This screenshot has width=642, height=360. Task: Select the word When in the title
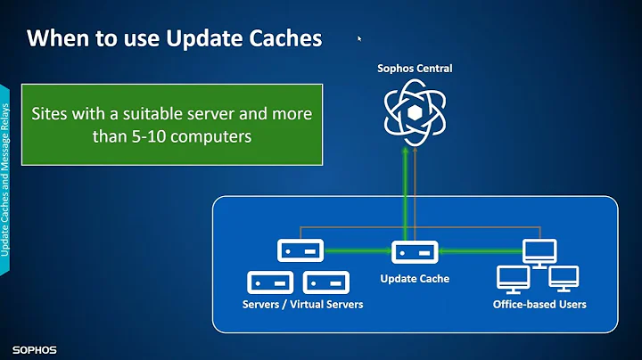pos(54,38)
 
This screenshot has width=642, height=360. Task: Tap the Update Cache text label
pos(415,279)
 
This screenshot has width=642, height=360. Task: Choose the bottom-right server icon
pos(324,283)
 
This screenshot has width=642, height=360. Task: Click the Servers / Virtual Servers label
pos(302,305)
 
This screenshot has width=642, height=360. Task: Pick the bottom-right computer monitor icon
pos(562,279)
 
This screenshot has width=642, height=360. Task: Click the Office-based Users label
pos(539,305)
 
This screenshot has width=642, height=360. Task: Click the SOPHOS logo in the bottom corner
pos(35,349)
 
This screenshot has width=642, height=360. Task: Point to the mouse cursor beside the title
pos(359,39)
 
